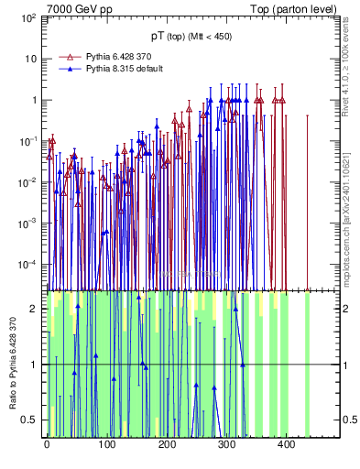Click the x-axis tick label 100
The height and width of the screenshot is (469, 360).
pyautogui.click(x=107, y=444)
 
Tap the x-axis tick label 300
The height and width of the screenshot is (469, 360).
pyautogui.click(x=227, y=444)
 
